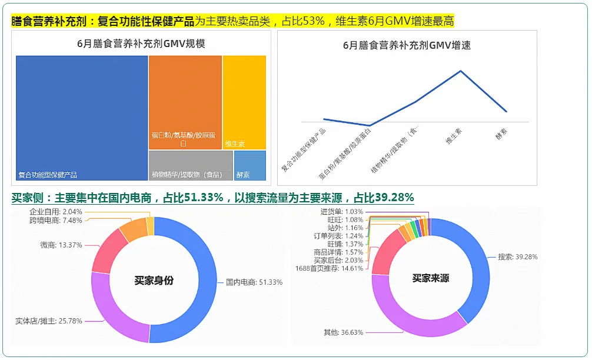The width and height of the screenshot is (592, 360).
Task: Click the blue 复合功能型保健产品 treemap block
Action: coord(81,118)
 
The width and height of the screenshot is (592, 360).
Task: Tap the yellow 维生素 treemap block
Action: coord(244,100)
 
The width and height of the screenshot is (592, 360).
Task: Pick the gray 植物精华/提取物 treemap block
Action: coord(191,165)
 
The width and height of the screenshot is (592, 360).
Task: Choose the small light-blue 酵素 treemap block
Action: coord(250,165)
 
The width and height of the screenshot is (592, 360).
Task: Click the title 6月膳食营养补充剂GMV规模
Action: coord(141,44)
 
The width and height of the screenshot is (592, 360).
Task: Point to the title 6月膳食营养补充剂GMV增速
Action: coord(407,45)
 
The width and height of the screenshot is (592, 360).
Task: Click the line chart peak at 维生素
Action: coord(460,71)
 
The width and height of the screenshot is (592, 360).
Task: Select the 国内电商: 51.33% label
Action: coord(254,282)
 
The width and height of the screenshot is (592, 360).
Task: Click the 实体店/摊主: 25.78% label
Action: coord(49,321)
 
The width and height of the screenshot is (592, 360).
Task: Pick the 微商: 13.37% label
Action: coord(61,245)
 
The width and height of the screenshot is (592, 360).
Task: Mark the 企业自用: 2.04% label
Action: coord(56,211)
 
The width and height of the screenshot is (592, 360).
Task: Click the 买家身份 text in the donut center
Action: coord(154,281)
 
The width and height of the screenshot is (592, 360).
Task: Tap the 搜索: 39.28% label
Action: coord(517,257)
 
